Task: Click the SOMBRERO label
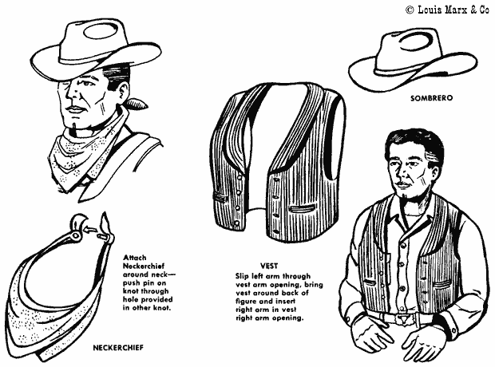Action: pos(431,98)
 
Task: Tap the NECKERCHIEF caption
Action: pos(118,348)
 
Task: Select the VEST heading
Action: pos(269,266)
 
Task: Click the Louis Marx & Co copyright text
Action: pos(447,10)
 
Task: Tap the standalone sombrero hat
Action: pos(413,60)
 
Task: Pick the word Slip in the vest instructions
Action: pos(242,276)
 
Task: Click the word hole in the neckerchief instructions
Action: pos(131,299)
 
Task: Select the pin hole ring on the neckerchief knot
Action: pos(75,235)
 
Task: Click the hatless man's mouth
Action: pos(402,184)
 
